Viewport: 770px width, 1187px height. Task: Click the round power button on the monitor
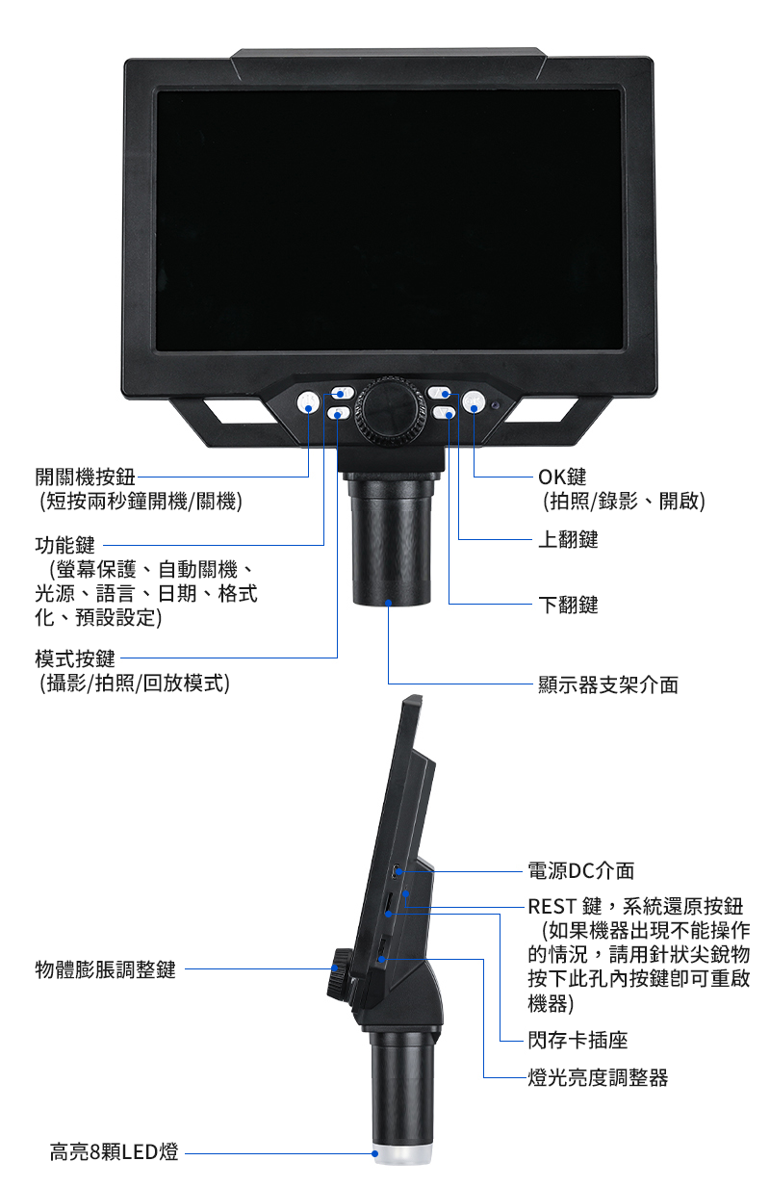pos(307,403)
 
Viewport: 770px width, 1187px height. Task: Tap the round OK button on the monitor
pos(474,402)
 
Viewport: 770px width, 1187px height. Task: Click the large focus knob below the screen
pos(391,409)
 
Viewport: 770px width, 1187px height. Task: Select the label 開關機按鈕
pos(86,477)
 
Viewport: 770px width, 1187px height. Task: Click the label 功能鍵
pos(64,545)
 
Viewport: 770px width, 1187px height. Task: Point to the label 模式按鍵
pos(75,658)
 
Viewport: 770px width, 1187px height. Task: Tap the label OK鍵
pos(562,477)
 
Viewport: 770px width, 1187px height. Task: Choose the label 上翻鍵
pos(568,539)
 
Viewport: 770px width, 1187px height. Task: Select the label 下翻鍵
pos(568,605)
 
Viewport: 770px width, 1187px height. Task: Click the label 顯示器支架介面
pos(608,684)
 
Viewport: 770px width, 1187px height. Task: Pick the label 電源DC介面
pos(580,870)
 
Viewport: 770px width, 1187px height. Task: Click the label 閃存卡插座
pos(577,1041)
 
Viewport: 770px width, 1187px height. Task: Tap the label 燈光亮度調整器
pos(598,1077)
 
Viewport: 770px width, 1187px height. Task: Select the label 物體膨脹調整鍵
pos(106,969)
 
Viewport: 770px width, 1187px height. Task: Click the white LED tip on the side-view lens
pos(402,1153)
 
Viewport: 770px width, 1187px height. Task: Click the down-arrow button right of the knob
pos(444,413)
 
